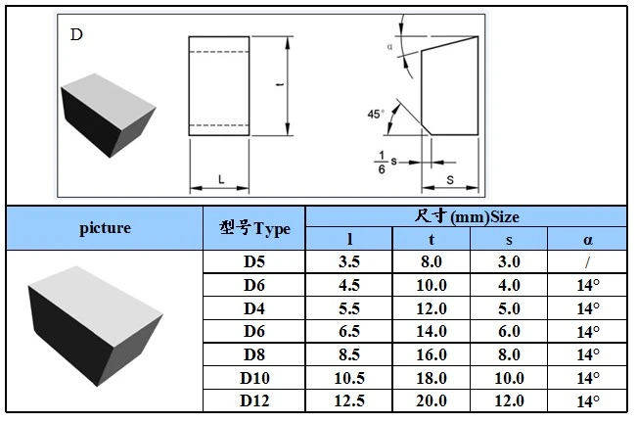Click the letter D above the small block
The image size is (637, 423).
[76, 34]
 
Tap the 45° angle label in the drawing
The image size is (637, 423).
[376, 115]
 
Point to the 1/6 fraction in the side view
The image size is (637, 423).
[381, 163]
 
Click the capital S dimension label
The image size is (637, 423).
[450, 180]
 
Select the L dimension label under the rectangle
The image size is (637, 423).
[221, 179]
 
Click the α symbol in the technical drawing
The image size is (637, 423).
[390, 47]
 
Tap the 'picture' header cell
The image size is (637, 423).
[105, 228]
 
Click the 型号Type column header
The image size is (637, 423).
[254, 228]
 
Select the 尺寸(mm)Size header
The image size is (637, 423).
[467, 216]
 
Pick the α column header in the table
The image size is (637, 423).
[588, 240]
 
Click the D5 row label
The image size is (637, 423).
[254, 261]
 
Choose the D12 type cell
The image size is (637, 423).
[254, 400]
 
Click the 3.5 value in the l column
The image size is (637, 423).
[349, 261]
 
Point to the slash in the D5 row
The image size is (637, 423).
[587, 262]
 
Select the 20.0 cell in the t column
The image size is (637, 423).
[432, 400]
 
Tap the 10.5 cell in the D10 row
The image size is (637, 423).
[349, 378]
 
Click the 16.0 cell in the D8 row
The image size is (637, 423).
[432, 354]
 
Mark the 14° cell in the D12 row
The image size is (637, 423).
[588, 401]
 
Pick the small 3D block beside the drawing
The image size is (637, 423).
[108, 116]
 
